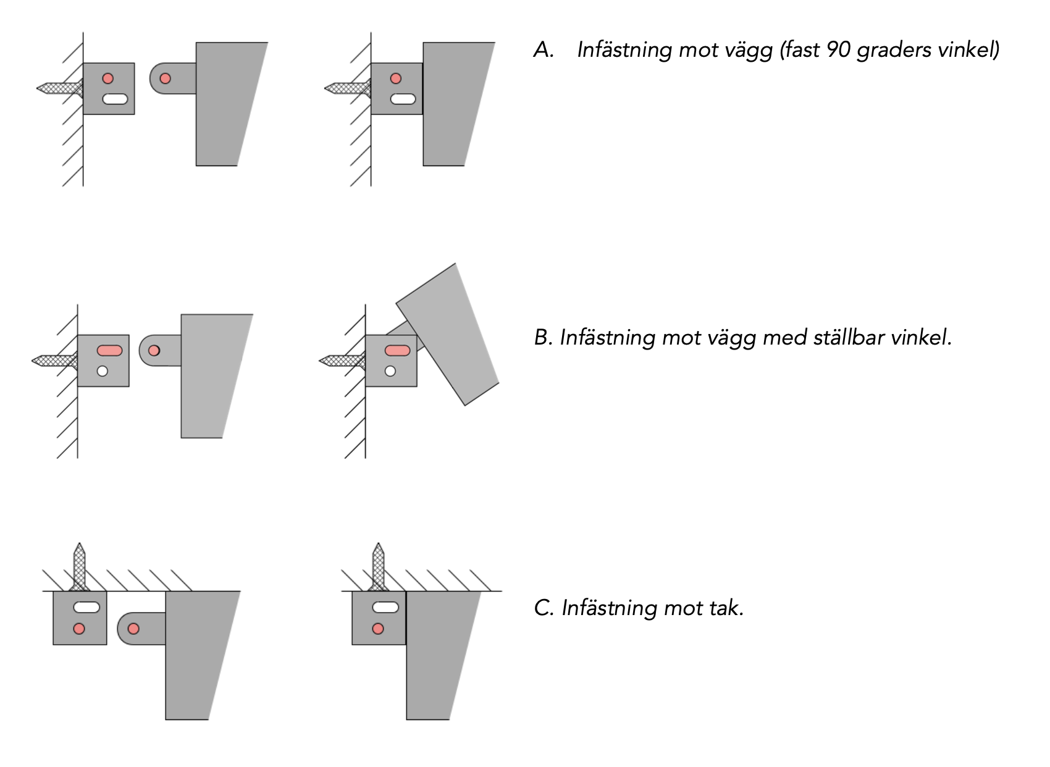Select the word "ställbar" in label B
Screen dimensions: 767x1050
click(847, 337)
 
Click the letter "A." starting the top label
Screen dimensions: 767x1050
click(544, 50)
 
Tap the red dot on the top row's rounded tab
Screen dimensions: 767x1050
click(165, 78)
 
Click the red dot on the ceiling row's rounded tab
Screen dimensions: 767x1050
click(133, 629)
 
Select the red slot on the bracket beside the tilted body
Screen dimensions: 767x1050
click(397, 351)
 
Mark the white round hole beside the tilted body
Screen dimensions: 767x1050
click(390, 371)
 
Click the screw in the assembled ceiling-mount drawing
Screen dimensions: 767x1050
click(378, 567)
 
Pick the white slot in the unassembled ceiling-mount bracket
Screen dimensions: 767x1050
click(86, 608)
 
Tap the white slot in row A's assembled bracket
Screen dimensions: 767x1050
click(403, 99)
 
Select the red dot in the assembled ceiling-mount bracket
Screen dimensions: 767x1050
click(378, 629)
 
